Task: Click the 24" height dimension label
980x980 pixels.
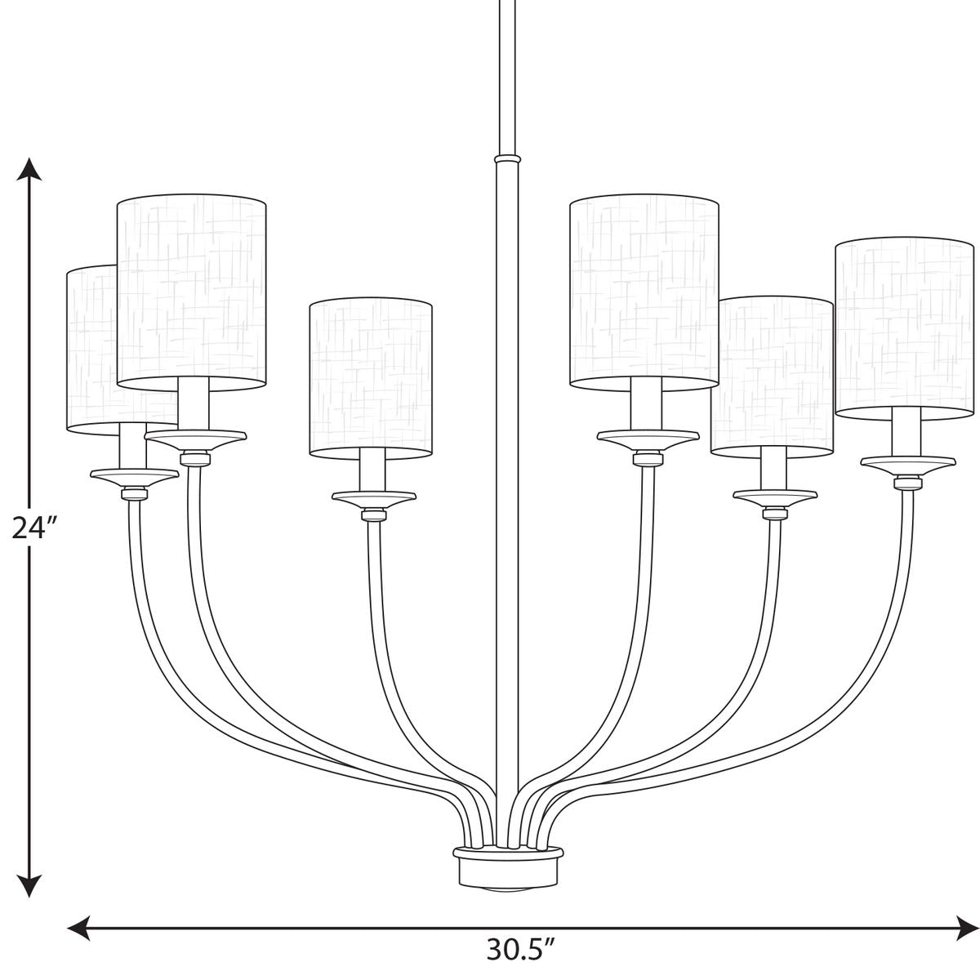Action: [33, 528]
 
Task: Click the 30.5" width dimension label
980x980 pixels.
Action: [521, 949]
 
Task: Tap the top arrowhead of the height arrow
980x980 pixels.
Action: [30, 167]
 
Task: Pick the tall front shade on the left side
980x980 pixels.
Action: [192, 290]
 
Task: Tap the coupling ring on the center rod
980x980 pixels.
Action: [507, 155]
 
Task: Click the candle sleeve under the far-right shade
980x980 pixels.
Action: [903, 433]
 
